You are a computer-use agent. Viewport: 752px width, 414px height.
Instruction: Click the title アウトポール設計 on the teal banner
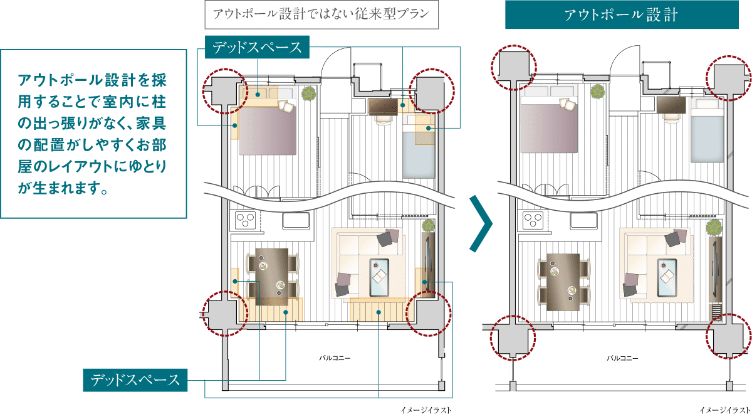pyautogui.click(x=621, y=15)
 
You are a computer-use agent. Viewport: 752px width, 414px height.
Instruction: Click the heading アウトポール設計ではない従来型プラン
pyautogui.click(x=321, y=14)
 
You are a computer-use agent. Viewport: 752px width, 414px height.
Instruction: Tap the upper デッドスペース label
pyautogui.click(x=257, y=47)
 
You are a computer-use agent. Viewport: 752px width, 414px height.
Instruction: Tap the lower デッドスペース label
pyautogui.click(x=135, y=380)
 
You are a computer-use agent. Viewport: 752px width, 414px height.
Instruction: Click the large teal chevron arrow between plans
pyautogui.click(x=481, y=223)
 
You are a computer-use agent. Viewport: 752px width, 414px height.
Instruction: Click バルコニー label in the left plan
pyautogui.click(x=335, y=358)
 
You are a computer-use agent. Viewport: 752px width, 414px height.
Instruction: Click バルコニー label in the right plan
pyautogui.click(x=622, y=358)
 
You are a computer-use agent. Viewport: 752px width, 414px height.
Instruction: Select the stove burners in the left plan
pyautogui.click(x=245, y=220)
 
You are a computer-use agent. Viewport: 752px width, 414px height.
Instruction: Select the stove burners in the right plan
pyautogui.click(x=533, y=220)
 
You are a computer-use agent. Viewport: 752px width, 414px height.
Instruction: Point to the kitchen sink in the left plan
pyautogui.click(x=296, y=221)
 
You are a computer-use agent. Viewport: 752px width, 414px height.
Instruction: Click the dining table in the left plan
pyautogui.click(x=272, y=277)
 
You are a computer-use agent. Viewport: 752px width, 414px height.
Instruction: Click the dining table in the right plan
pyautogui.click(x=563, y=282)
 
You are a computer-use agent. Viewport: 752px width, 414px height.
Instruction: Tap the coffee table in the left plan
pyautogui.click(x=379, y=277)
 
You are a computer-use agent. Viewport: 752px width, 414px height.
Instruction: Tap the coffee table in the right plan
pyautogui.click(x=667, y=277)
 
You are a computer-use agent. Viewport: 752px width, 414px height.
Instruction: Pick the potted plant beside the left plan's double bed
pyautogui.click(x=308, y=93)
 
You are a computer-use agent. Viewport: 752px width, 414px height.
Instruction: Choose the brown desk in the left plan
pyautogui.click(x=383, y=107)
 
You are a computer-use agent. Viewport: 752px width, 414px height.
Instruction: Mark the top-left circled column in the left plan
pyautogui.click(x=225, y=92)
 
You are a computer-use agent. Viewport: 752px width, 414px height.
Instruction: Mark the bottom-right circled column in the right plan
pyautogui.click(x=728, y=336)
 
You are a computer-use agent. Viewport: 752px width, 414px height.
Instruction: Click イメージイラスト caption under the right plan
pyautogui.click(x=725, y=410)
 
